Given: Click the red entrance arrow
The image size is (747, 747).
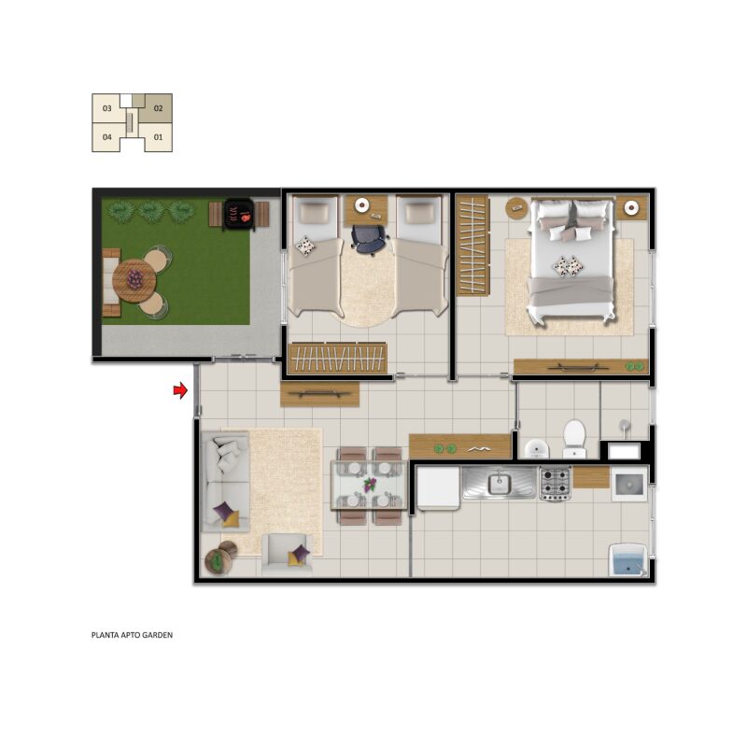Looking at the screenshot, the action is [180, 390].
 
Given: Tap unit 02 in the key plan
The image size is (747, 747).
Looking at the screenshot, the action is [158, 108].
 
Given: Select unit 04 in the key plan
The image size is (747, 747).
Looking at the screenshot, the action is [107, 137].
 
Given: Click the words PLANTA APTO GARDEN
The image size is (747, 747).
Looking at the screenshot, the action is [132, 635].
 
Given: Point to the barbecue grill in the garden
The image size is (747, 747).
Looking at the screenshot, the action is [239, 214].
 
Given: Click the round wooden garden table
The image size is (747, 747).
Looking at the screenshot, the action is [134, 281].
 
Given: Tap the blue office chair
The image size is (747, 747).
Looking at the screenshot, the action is [369, 240].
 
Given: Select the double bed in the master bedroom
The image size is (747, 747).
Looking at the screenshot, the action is [571, 261].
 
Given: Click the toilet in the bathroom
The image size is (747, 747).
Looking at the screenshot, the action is [574, 438].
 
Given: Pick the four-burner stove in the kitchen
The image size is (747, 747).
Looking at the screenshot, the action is [555, 484].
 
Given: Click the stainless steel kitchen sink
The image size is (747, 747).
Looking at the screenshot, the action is [500, 483].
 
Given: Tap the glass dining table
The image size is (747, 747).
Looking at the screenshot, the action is [369, 485].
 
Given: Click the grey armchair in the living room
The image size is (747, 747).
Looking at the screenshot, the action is [287, 553].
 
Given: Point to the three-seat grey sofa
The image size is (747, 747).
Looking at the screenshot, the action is [225, 481].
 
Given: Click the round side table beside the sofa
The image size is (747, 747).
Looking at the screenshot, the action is [218, 561].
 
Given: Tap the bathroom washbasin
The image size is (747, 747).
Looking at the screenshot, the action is [537, 449].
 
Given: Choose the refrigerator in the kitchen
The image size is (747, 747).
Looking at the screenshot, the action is [438, 487].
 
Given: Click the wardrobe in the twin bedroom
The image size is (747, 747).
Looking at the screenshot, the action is [338, 358].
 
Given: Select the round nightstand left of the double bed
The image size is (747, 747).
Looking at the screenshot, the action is [516, 207].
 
